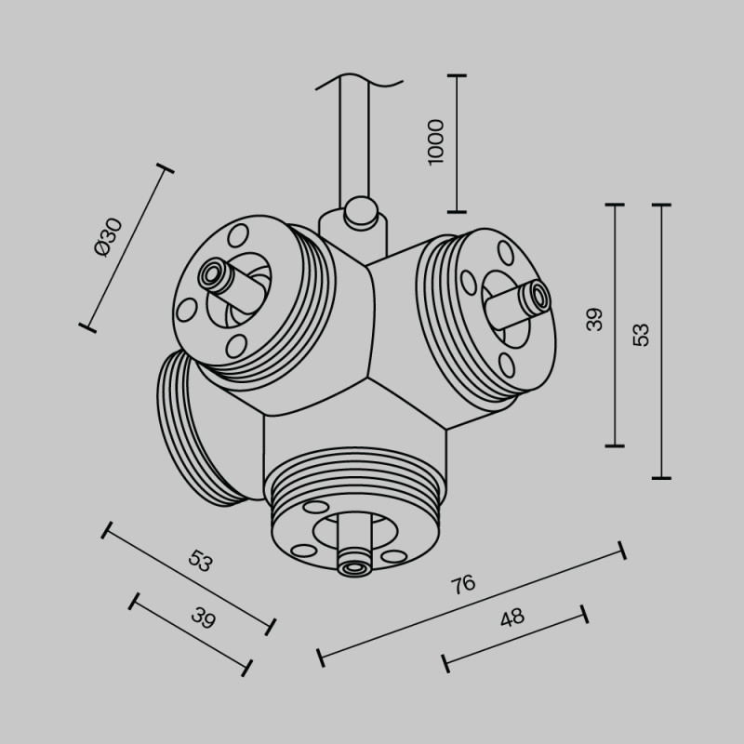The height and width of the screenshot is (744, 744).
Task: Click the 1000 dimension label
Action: coord(436,142)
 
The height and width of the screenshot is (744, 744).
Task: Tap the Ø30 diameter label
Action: coord(108,236)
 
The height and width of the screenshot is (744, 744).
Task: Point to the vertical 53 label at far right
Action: coord(642,335)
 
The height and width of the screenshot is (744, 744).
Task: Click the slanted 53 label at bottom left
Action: coord(201,561)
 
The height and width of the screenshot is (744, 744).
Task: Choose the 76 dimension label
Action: coord(462,584)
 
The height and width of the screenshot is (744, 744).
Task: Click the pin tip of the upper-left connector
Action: coord(210,274)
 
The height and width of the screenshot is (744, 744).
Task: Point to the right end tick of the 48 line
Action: coord(584,613)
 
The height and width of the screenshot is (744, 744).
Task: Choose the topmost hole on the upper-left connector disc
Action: coord(238,232)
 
